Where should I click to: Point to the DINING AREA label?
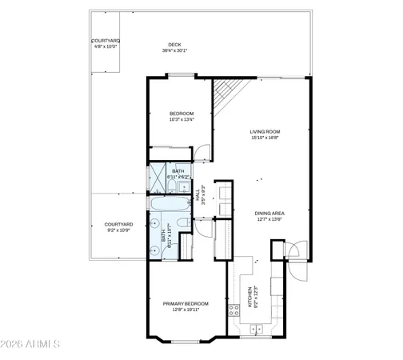(270, 212)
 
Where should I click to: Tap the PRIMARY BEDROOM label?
(186, 303)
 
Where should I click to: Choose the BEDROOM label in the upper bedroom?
(182, 114)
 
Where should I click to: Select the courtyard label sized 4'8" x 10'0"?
(105, 40)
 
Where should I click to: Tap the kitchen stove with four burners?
(234, 310)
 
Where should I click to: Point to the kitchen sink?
(258, 329)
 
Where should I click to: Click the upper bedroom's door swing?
(204, 152)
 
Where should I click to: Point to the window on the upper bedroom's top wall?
(182, 76)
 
